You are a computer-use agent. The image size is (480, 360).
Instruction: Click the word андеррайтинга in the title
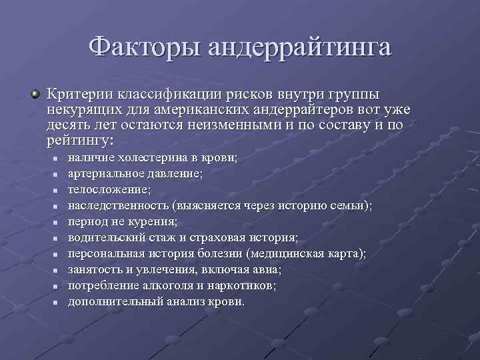299,48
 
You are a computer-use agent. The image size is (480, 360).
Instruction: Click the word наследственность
118,205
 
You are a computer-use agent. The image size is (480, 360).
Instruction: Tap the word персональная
103,253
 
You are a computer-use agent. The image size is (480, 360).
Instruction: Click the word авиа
268,269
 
